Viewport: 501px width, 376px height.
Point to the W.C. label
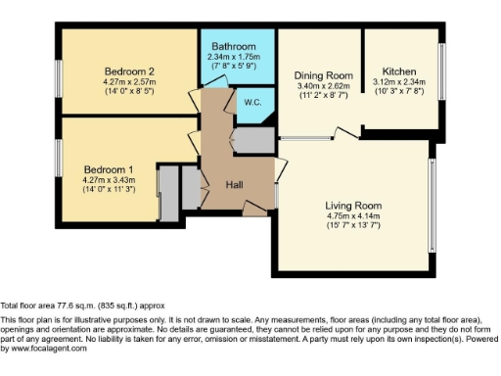click(251, 101)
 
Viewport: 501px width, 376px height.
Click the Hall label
click(235, 184)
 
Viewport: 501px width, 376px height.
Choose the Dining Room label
click(323, 74)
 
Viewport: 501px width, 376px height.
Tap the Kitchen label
click(399, 71)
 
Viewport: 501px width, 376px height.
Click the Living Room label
click(353, 206)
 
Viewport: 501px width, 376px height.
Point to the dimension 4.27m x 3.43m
click(109, 180)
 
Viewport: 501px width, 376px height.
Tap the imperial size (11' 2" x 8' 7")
click(323, 96)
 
